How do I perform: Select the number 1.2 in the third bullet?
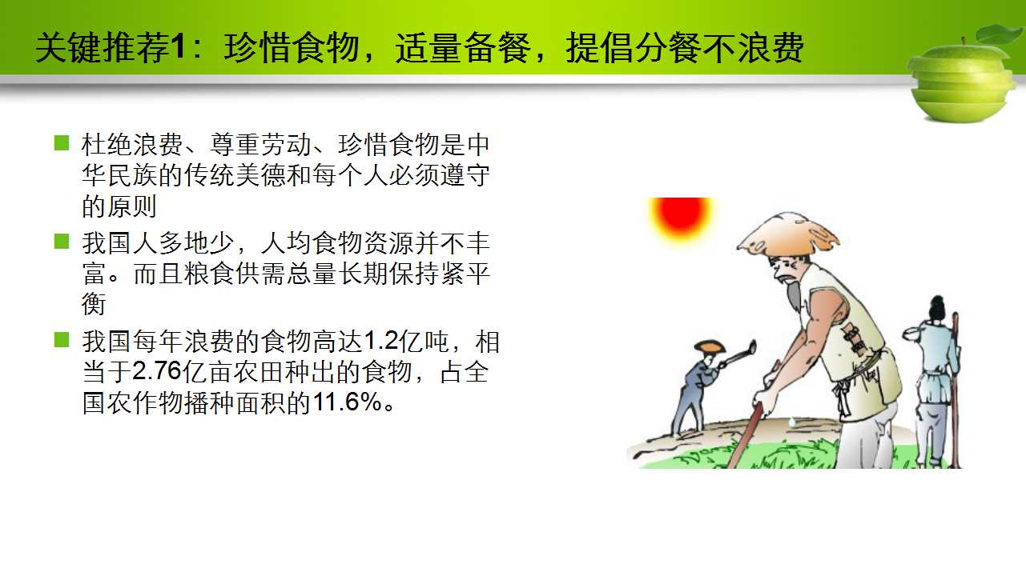(x=381, y=342)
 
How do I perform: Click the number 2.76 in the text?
(x=157, y=371)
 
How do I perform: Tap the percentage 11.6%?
(x=348, y=402)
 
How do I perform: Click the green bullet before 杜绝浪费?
(x=62, y=142)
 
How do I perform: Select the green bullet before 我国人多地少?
(x=62, y=241)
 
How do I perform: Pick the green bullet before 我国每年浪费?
(x=62, y=340)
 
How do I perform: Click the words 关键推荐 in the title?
(x=103, y=48)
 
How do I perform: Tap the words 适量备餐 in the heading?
(x=463, y=48)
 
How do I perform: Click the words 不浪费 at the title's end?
(x=753, y=48)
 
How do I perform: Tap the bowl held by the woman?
(x=912, y=334)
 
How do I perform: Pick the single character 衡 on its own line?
(x=94, y=304)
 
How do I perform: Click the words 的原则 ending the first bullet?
(x=119, y=206)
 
